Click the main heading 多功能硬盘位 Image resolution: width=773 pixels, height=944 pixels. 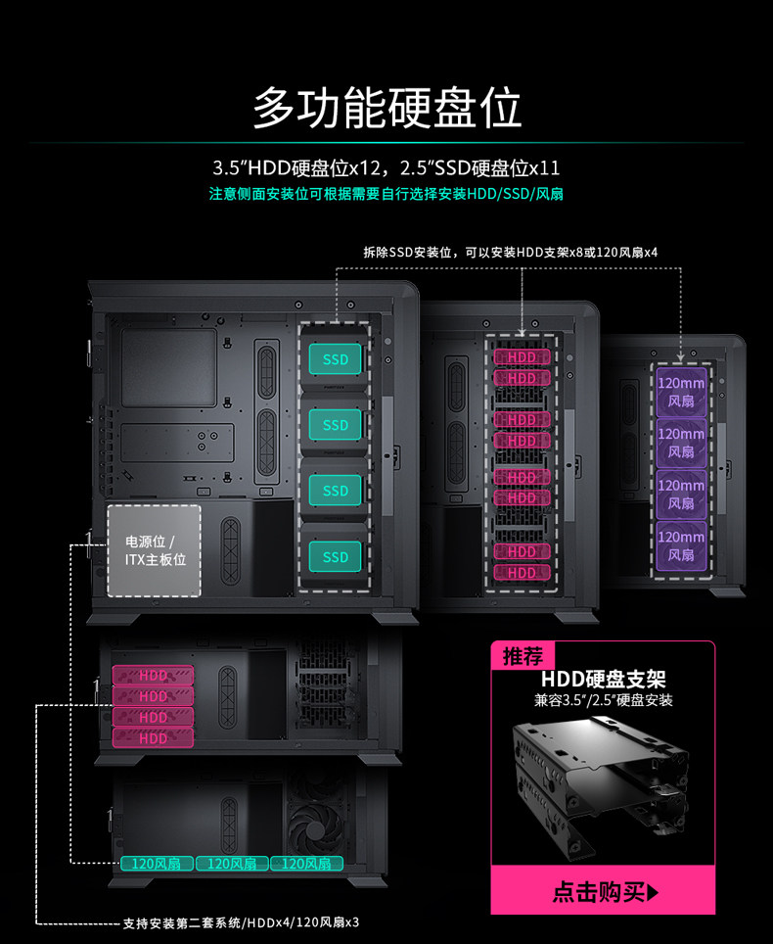[x=386, y=108]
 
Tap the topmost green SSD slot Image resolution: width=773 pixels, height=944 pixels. [x=336, y=359]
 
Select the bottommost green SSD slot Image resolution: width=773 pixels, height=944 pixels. [x=336, y=556]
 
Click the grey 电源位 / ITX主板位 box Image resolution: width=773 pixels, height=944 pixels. [x=154, y=550]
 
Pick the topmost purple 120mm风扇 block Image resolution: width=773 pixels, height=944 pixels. [x=681, y=391]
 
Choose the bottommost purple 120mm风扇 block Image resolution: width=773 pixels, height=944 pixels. [x=681, y=545]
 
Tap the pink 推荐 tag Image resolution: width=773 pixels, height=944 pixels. [x=523, y=656]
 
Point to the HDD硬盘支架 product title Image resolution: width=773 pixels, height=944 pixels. [x=603, y=680]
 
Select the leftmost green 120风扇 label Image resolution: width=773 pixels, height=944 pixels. [x=157, y=864]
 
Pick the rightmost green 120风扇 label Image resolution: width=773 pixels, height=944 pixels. [x=306, y=864]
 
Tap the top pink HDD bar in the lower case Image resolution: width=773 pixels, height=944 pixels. [x=154, y=676]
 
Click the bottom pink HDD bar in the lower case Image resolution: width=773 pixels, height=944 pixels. [x=154, y=738]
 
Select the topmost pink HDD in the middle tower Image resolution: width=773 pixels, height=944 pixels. [x=522, y=357]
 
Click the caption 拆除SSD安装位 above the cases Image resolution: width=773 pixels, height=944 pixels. [x=510, y=253]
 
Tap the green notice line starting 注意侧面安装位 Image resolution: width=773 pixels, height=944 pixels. [x=386, y=194]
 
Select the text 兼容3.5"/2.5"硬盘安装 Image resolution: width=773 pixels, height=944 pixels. [x=603, y=700]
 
